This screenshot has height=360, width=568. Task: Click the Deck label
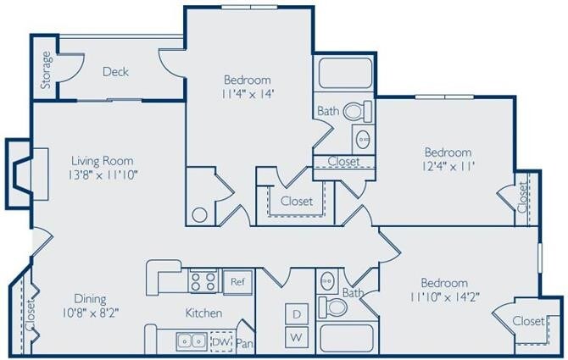tap(115, 72)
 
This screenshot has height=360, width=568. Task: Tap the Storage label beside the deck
tap(46, 70)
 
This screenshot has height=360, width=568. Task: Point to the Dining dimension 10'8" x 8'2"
tap(89, 312)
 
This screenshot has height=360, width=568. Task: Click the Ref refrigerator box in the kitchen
tap(237, 281)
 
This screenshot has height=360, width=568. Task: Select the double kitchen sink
tap(191, 341)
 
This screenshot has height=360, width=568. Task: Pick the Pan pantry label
tap(244, 343)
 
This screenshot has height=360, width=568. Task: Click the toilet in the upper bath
tap(360, 111)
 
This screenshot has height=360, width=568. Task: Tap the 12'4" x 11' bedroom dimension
tap(447, 167)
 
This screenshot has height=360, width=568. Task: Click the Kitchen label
tap(203, 313)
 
